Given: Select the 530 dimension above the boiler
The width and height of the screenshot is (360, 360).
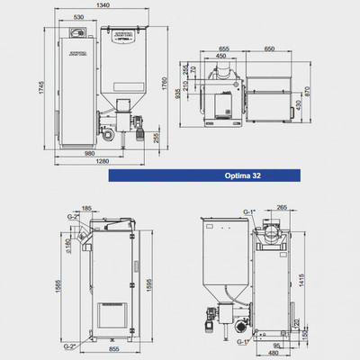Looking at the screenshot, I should [x=78, y=16].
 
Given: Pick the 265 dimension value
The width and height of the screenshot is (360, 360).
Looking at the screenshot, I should [x=283, y=207].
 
